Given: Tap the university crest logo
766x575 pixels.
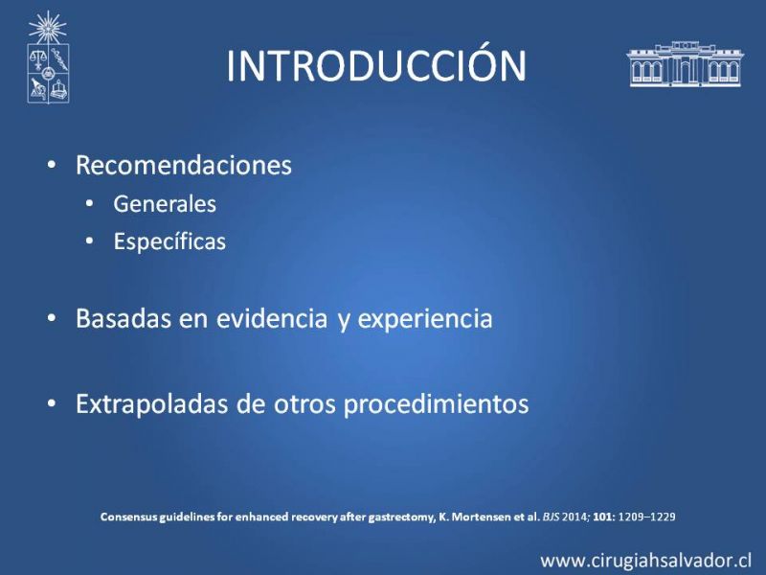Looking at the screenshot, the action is pyautogui.click(x=48, y=57).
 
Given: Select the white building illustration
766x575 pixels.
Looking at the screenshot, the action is pyautogui.click(x=685, y=64).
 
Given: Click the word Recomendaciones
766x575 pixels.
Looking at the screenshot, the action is pyautogui.click(x=184, y=165).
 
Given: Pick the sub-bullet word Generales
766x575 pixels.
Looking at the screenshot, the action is pyautogui.click(x=165, y=204).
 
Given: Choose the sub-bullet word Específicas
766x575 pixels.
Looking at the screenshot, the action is pyautogui.click(x=169, y=241).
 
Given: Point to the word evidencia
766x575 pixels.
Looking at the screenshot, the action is pyautogui.click(x=272, y=318).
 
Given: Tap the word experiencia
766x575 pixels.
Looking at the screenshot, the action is pyautogui.click(x=425, y=319).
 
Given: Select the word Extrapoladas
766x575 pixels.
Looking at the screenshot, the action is pyautogui.click(x=152, y=404).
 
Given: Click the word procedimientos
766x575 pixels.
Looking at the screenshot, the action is pyautogui.click(x=437, y=404).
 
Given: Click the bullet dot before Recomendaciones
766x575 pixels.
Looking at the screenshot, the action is pyautogui.click(x=52, y=165).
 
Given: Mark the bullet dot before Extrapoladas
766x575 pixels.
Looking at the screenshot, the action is pyautogui.click(x=52, y=403).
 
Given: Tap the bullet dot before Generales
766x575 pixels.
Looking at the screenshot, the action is pyautogui.click(x=89, y=203).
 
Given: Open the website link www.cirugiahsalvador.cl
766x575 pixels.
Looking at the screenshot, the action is pyautogui.click(x=645, y=561).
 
